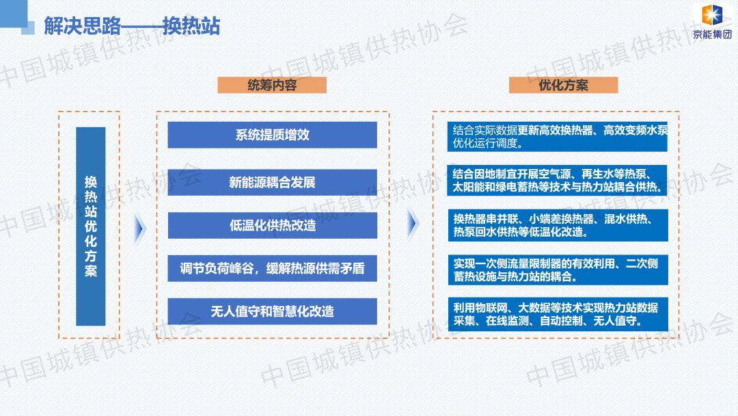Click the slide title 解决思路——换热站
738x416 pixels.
coord(132,26)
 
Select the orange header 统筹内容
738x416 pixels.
coord(272,85)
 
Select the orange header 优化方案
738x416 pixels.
coord(563,85)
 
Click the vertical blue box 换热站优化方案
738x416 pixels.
coord(91,226)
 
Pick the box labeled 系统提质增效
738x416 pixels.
coord(272,135)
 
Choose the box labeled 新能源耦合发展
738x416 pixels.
coord(272,183)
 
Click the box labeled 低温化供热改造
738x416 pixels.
coord(272,225)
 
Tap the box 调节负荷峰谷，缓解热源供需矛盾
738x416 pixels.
coord(272,268)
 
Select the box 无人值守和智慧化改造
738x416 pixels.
coord(272,311)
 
